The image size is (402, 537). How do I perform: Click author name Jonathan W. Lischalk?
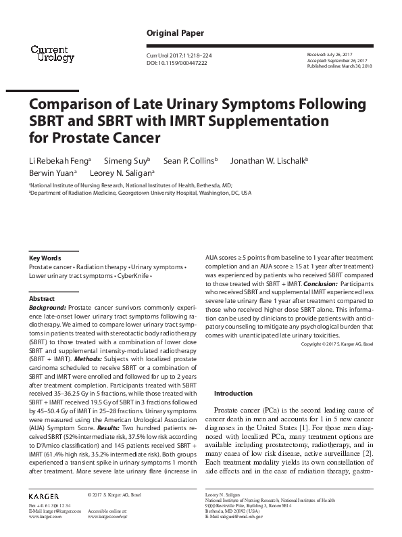point(268,160)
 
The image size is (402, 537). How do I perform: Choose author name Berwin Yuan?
point(51,172)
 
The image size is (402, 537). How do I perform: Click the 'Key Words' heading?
point(45,258)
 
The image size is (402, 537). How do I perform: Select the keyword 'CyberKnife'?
point(132,277)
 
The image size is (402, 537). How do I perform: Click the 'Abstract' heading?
point(42,298)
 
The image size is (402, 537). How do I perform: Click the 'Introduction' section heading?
point(233,393)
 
